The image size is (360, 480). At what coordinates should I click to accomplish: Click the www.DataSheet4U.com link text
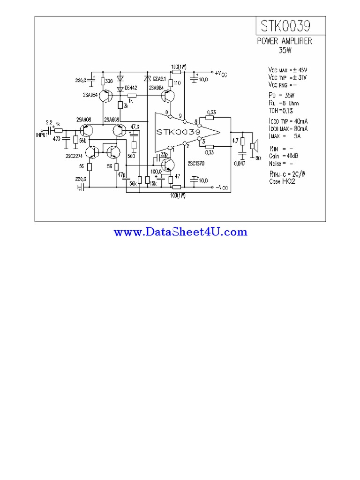(x=180, y=232)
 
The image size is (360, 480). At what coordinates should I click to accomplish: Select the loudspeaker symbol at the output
(x=254, y=146)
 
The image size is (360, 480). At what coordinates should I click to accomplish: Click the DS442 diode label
(x=131, y=88)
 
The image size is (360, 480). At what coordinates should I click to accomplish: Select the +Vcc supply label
(x=221, y=73)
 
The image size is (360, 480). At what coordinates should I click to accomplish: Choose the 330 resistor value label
(x=109, y=82)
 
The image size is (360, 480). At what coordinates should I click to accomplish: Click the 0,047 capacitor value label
(x=240, y=163)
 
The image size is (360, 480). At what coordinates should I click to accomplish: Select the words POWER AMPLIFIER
(x=285, y=41)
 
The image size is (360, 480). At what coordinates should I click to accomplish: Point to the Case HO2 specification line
(x=282, y=181)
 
